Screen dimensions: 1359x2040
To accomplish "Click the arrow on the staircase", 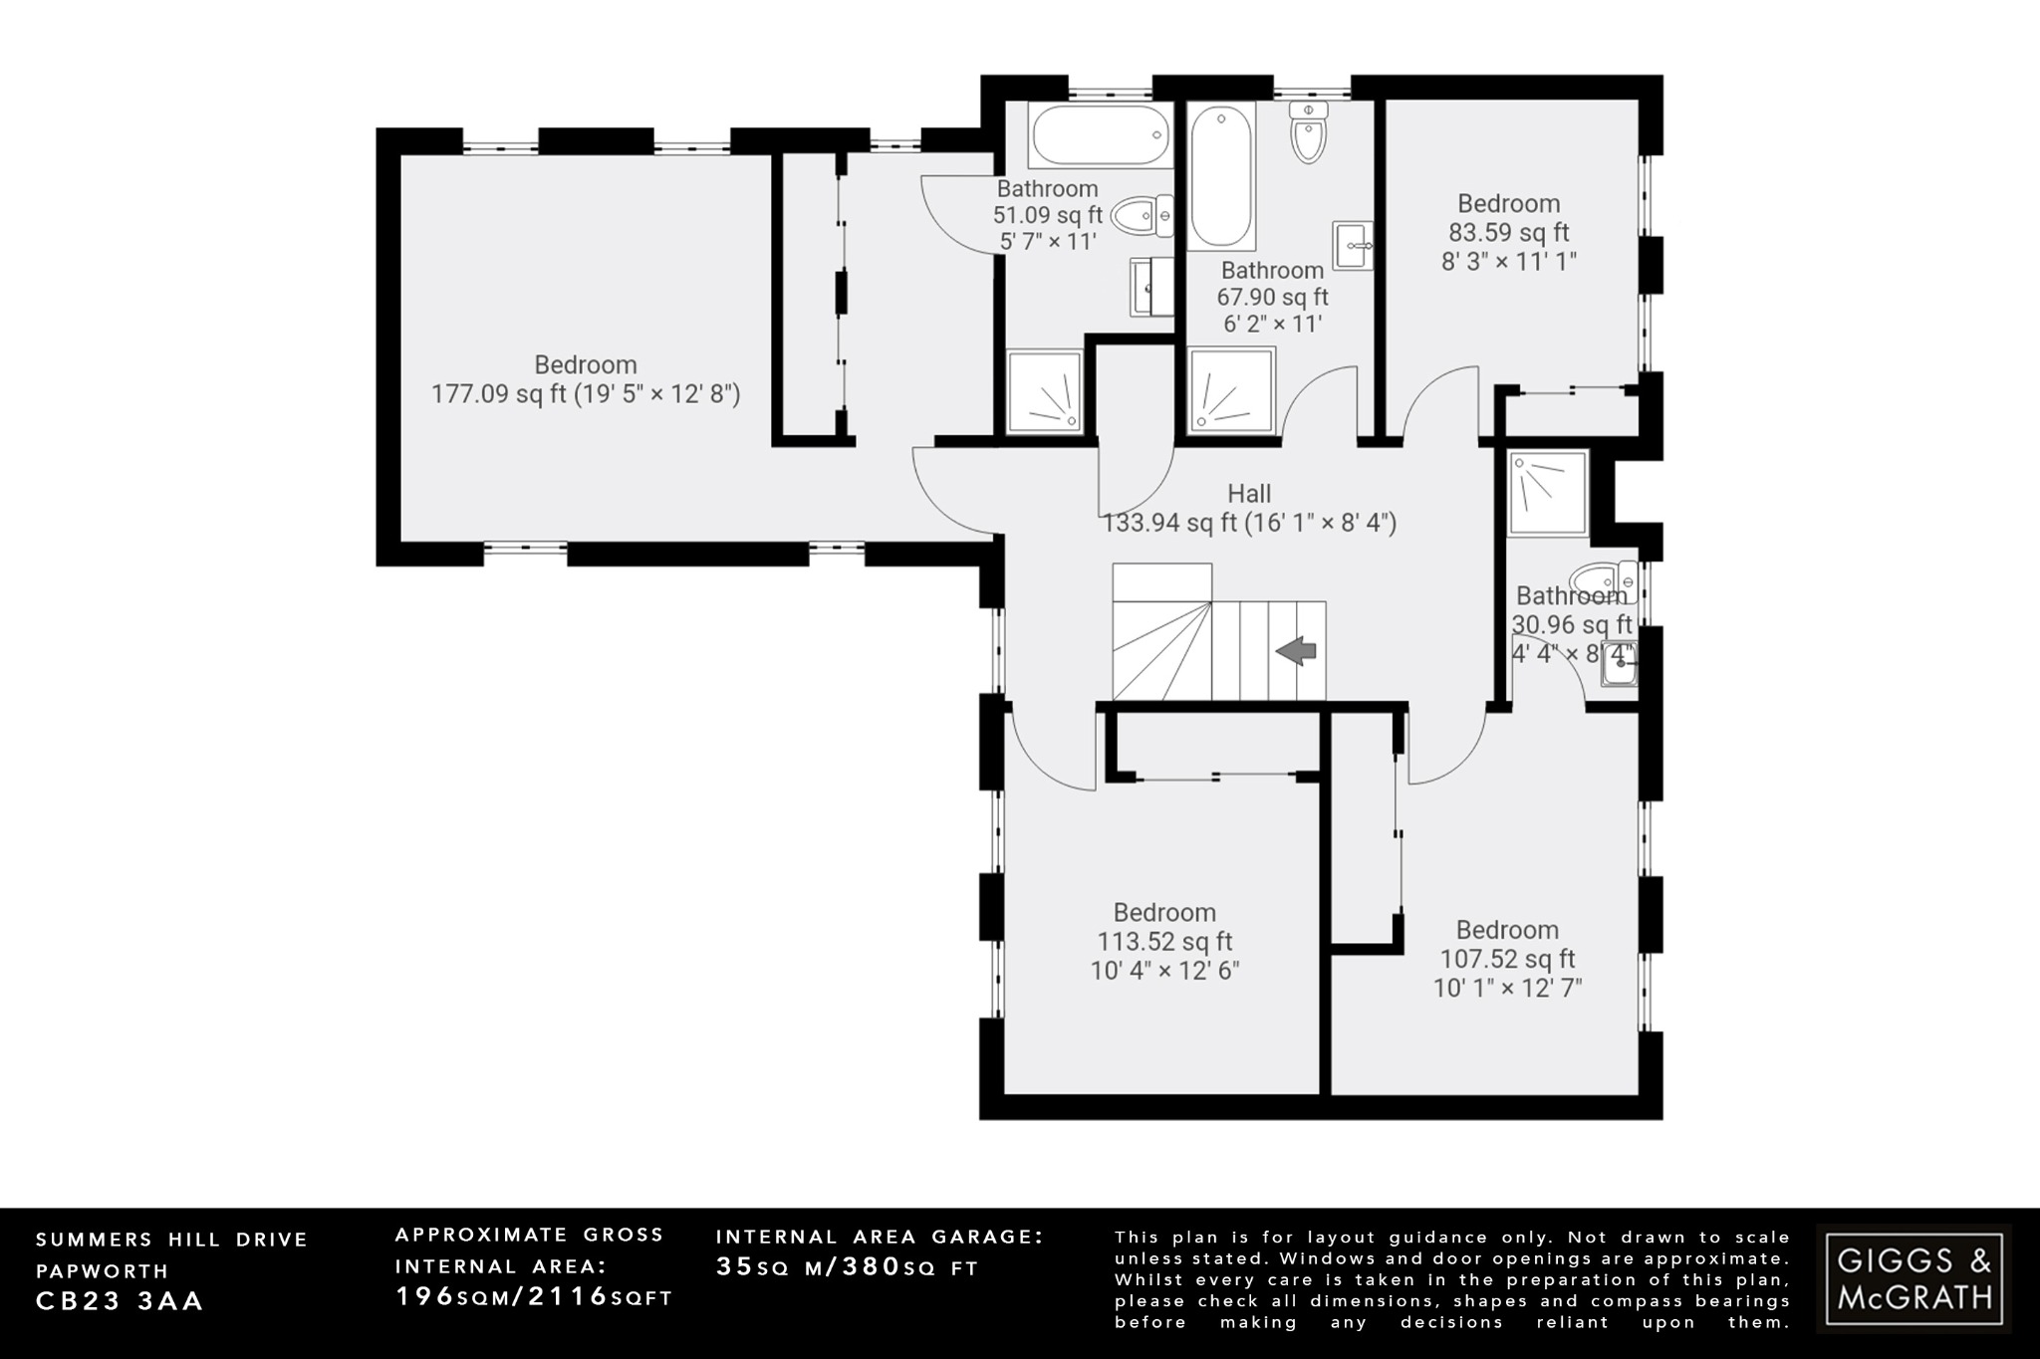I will coord(1296,652).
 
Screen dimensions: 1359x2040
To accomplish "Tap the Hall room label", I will coord(1249,494).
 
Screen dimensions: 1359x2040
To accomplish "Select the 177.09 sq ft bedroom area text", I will coord(585,394).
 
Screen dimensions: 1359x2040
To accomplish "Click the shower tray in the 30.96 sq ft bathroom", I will coord(1547,493).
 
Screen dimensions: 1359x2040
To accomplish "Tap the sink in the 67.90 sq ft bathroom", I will coord(1352,245).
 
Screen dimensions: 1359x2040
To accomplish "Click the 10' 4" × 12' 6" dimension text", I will coord(1164,971).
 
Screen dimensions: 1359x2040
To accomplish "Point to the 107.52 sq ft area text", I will coord(1507,960).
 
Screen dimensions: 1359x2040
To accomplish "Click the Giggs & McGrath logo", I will coord(1913,1278).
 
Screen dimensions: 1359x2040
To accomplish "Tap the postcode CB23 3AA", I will coord(120,1301).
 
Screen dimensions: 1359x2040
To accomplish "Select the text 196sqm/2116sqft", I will coord(534,1297).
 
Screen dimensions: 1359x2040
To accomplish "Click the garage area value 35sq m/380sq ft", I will coord(847,1267).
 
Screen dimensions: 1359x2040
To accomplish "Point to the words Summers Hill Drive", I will coord(172,1240).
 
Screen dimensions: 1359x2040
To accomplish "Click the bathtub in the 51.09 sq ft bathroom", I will coord(1100,136).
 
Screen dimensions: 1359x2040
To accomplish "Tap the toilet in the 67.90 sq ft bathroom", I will coord(1307,132).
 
